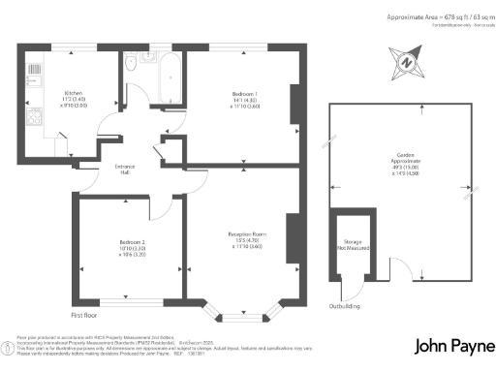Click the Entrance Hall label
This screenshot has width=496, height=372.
[x=124, y=169]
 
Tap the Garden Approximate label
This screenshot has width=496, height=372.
[x=401, y=165]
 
